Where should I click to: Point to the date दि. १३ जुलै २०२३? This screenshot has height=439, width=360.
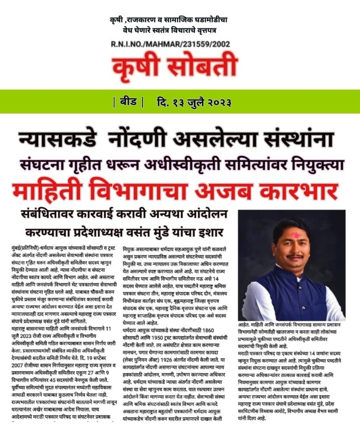pos(194,102)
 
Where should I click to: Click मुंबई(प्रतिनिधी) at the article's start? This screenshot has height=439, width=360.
pos(24,247)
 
